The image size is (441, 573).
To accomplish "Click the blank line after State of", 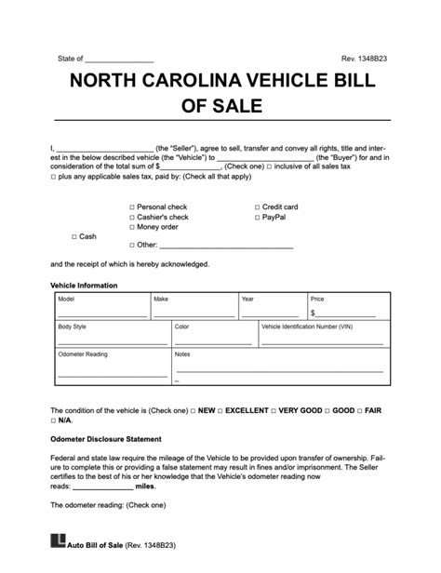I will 119,60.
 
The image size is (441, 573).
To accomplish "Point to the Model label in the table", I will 66,300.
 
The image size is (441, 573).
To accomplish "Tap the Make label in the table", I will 161,300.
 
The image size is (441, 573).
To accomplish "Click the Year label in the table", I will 247,300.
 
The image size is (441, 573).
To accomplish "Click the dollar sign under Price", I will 314,313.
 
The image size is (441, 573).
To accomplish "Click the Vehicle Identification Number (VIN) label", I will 308,327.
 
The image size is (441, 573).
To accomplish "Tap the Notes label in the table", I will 182,354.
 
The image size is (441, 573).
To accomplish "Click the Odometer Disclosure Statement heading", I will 106,438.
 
